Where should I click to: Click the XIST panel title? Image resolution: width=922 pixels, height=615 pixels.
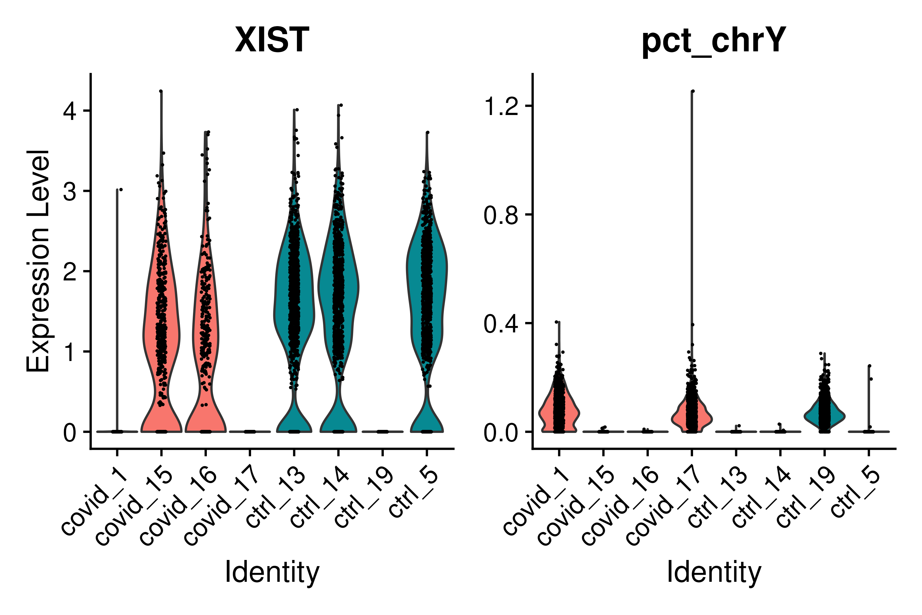point(272,40)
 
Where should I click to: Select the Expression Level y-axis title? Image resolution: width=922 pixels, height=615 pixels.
point(38,261)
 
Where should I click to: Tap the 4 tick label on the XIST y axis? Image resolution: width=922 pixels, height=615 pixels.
point(70,111)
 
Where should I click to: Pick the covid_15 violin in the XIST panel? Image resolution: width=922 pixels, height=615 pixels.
point(161,314)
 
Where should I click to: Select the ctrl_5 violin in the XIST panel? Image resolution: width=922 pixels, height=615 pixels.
point(427,294)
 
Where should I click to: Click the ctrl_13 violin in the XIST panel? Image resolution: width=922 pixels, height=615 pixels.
point(294,294)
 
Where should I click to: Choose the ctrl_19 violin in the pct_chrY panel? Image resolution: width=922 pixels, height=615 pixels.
point(824,416)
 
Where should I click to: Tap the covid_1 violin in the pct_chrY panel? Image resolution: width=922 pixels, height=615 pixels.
point(559,412)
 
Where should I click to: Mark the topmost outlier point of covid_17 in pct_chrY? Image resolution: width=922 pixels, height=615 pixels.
point(693,91)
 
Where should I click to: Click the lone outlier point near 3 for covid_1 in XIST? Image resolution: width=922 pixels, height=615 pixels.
point(121,189)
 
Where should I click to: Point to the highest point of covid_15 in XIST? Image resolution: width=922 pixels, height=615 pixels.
point(161,91)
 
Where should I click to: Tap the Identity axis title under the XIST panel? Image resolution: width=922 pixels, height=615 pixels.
point(272,572)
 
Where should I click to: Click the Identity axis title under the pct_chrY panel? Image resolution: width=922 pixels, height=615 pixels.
point(714,572)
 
